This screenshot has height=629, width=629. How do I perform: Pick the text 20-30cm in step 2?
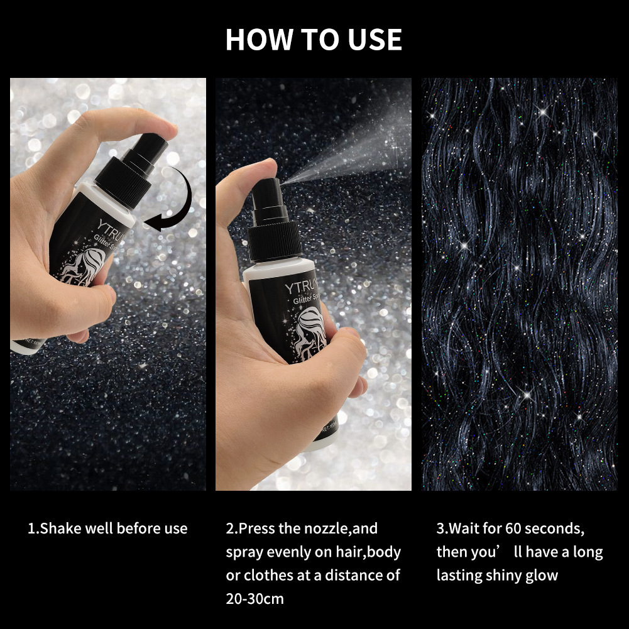(255, 598)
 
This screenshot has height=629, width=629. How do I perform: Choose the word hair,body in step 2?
(366, 552)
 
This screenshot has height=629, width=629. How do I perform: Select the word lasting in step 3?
(460, 575)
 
